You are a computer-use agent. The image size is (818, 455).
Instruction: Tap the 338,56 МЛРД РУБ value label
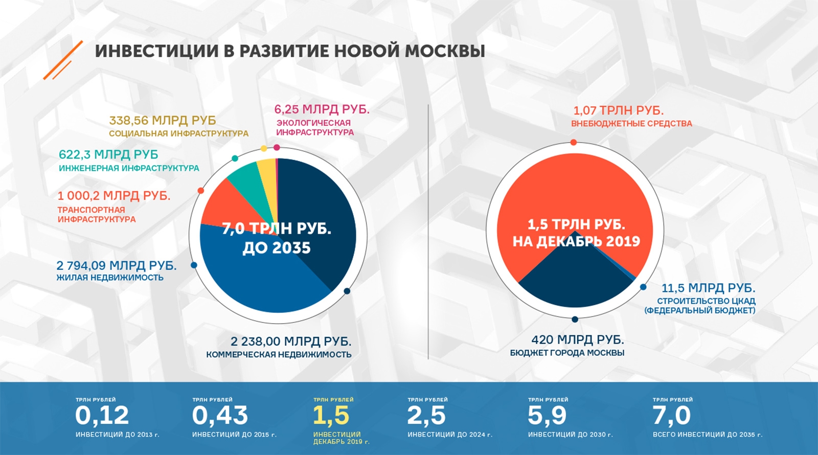163,121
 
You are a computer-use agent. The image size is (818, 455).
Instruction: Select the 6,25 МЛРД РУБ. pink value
322,109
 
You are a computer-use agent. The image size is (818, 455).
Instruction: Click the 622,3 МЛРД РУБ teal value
108,154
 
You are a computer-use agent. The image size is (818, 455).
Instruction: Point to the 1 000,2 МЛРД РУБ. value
113,196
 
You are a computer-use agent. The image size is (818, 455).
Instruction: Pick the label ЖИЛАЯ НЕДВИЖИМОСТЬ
110,278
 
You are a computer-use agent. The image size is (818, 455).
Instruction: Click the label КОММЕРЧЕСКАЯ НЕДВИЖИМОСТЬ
279,354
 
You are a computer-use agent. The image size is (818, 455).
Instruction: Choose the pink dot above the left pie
277,147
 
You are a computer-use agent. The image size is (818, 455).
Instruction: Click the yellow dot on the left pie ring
264,149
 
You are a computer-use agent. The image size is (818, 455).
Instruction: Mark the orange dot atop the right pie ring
574,142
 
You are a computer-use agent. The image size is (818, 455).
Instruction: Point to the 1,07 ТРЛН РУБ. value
618,110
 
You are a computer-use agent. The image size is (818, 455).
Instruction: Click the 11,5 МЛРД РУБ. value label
708,288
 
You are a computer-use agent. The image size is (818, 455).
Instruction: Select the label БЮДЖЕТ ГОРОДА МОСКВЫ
567,353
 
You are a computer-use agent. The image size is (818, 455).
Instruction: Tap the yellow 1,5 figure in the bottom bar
331,416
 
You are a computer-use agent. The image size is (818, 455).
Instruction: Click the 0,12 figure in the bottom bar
102,416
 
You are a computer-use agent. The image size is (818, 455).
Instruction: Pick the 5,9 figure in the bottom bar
547,416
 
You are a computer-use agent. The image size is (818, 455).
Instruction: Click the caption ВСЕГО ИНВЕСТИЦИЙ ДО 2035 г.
707,435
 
